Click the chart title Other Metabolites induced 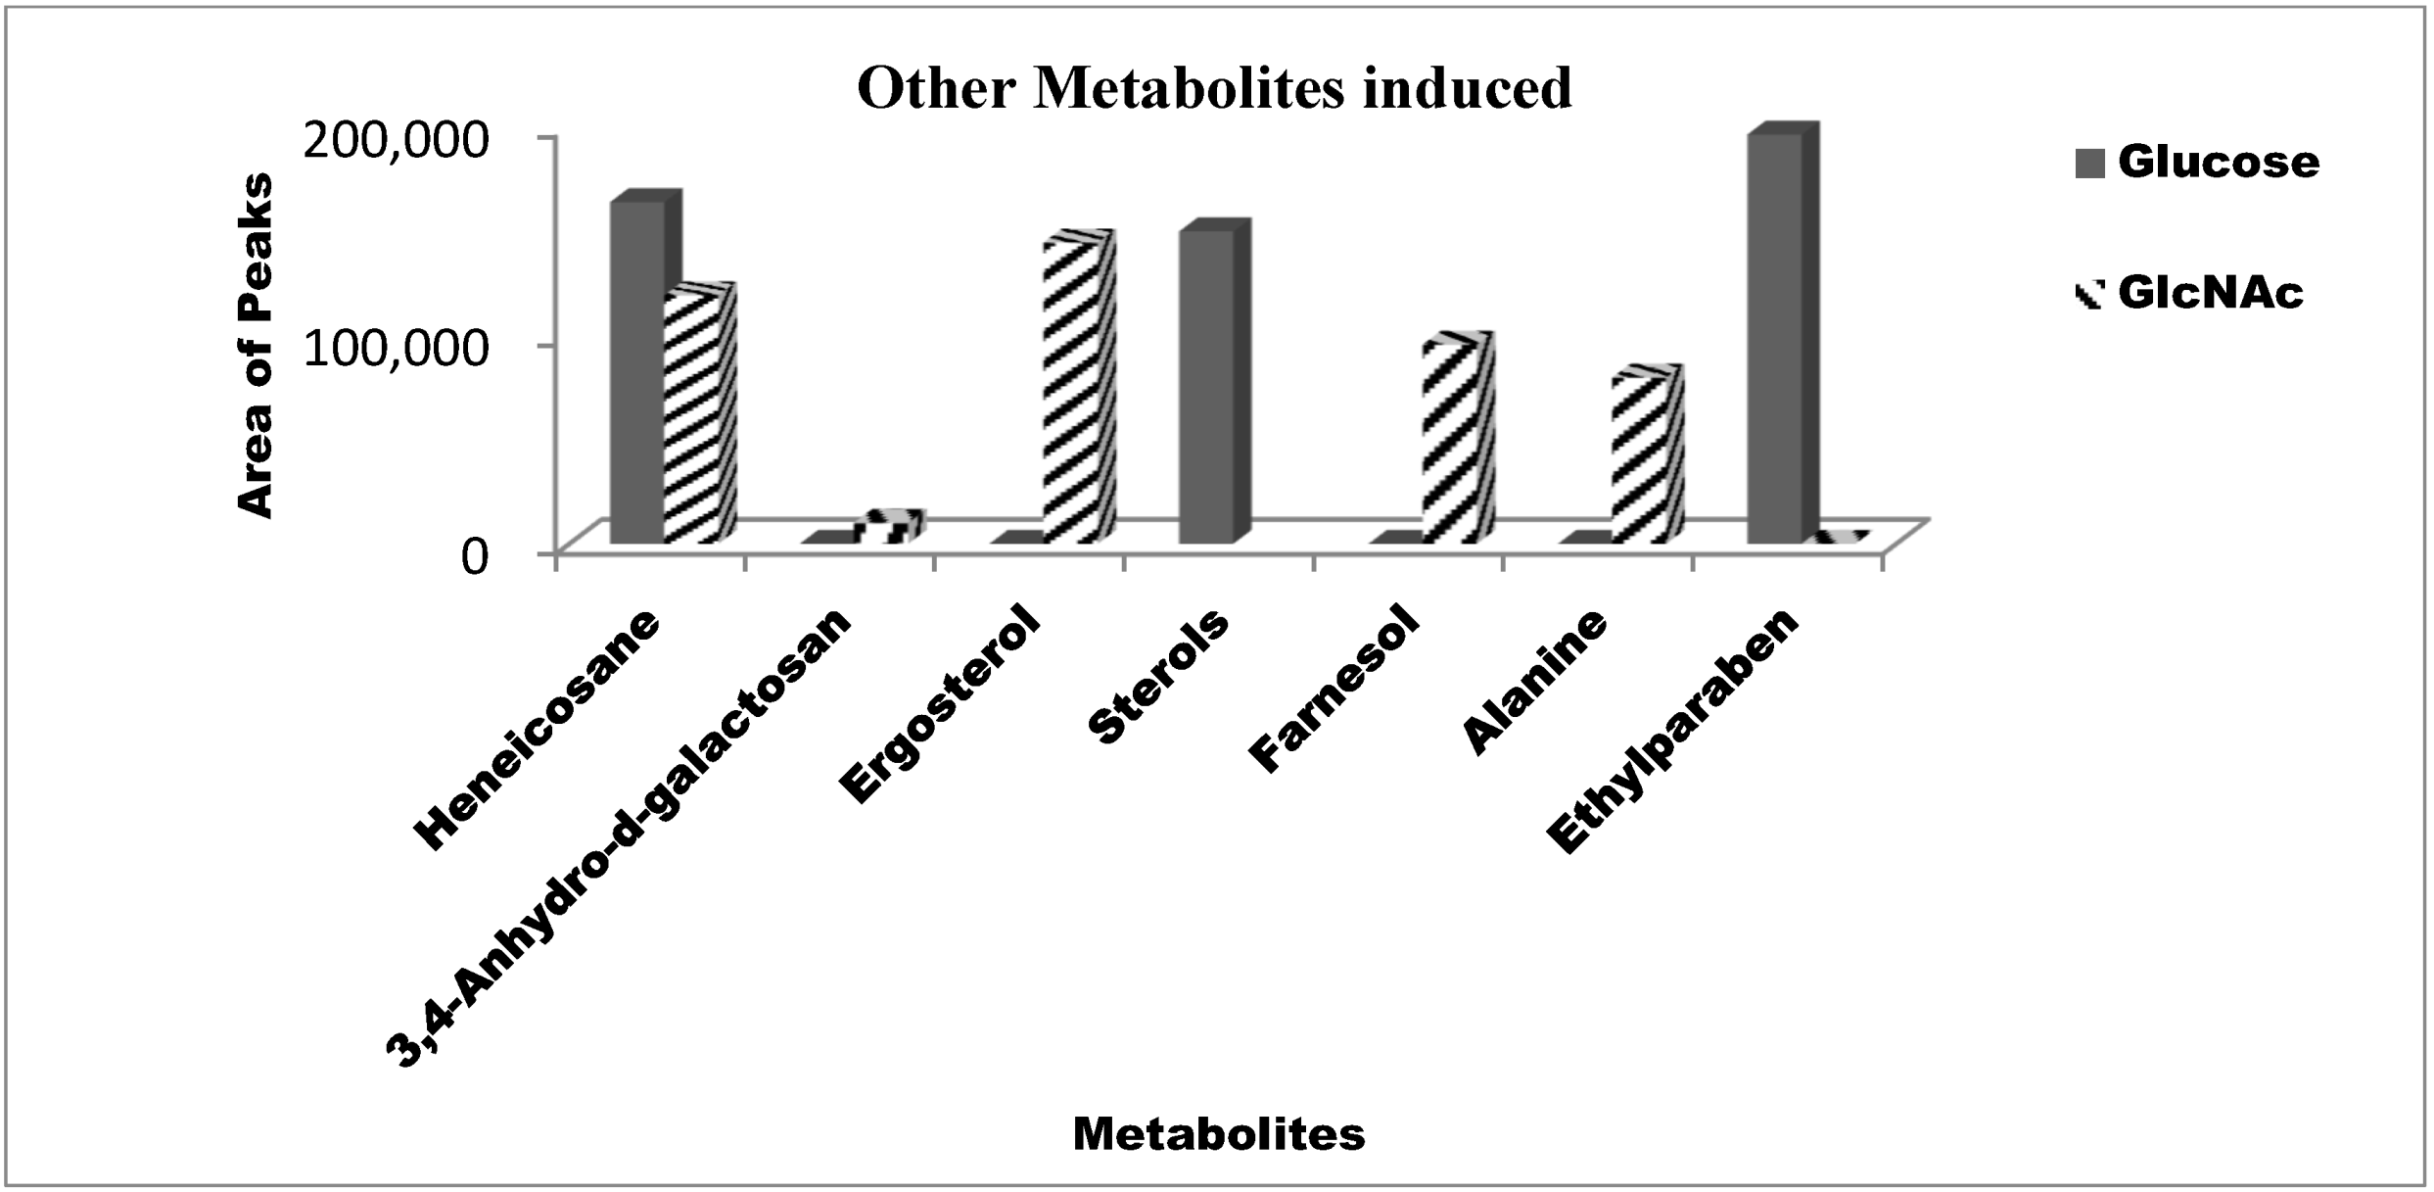coord(1214,89)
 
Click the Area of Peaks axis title coord(256,345)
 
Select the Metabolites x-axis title coord(1218,1134)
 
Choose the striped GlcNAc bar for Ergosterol coord(1073,392)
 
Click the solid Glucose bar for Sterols coord(1207,387)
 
